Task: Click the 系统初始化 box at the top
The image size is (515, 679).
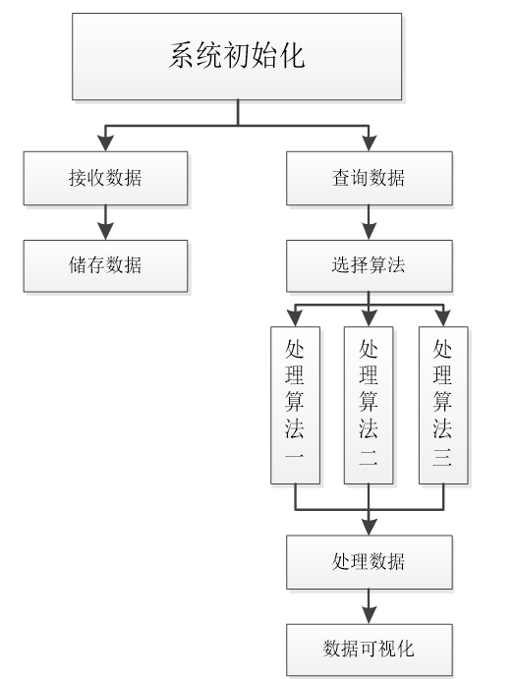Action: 237,56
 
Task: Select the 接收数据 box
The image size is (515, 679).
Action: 105,178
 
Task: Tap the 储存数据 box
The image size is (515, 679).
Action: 105,266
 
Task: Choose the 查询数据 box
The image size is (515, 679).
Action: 369,178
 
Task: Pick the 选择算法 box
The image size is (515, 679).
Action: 369,266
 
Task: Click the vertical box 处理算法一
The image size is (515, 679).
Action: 296,405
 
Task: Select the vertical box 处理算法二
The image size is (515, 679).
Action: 369,405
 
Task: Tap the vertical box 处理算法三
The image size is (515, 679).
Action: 443,405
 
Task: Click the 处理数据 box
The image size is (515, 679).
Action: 369,562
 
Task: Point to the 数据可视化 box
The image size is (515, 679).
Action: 369,650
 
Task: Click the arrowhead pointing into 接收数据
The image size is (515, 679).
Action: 105,143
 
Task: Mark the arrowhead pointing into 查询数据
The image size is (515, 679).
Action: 369,143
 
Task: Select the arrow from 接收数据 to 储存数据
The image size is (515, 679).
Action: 105,223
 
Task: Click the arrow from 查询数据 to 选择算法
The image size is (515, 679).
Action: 369,223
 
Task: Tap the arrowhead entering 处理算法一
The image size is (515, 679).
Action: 296,318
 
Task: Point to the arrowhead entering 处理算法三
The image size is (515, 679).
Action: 443,318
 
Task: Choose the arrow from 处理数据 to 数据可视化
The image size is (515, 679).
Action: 369,606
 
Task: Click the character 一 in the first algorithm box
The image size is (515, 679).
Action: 295,456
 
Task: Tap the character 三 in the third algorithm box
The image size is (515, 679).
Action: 442,457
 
